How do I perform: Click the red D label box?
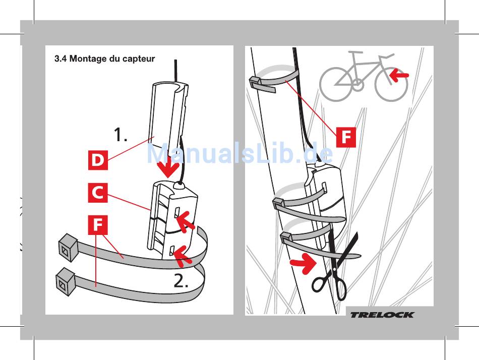coord(98,160)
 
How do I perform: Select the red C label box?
coord(98,193)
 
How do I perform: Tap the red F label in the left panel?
coord(98,225)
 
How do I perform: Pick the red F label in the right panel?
coord(346,137)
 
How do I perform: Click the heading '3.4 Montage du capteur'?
coord(104,58)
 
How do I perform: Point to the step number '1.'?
coord(121,135)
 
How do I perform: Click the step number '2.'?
coord(181,280)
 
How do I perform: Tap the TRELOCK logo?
coord(382,315)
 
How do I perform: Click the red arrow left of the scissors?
coord(303,263)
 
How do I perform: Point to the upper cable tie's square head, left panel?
coord(68,247)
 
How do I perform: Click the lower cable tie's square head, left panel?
coord(66,281)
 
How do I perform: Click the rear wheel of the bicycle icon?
coord(336,85)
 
